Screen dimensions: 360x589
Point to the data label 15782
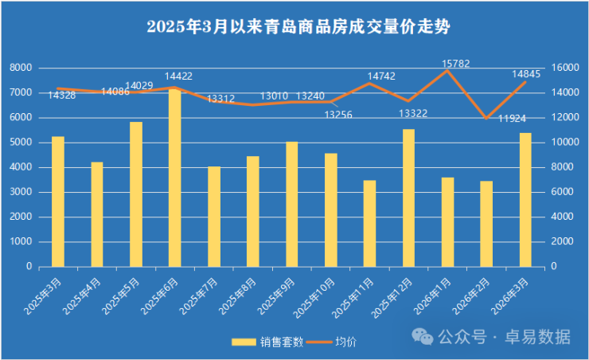[x=457, y=62]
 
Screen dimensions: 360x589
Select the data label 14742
[x=381, y=76]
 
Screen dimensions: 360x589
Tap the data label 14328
[x=61, y=96]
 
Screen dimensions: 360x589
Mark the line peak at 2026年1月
[x=447, y=71]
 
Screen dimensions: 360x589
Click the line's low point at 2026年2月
[x=486, y=118]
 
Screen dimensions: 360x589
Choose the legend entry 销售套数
[x=267, y=342]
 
